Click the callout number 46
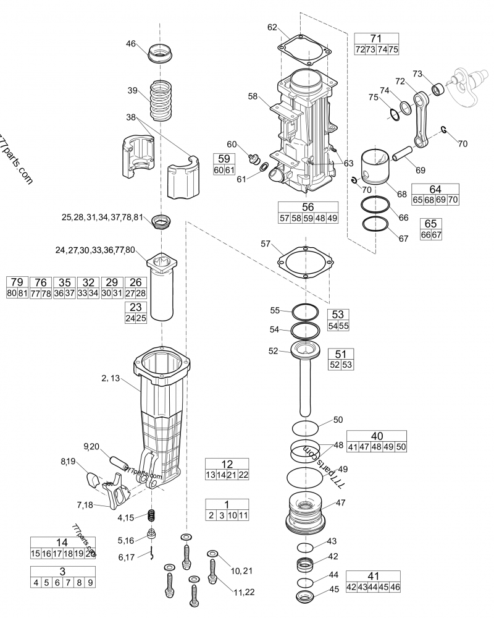pos(130,43)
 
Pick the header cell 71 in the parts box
pos(376,38)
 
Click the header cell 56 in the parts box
pos(308,208)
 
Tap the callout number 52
pos(273,350)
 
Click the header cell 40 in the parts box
pos(376,435)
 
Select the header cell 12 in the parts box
pos(227,464)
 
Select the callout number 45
pos(333,589)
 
